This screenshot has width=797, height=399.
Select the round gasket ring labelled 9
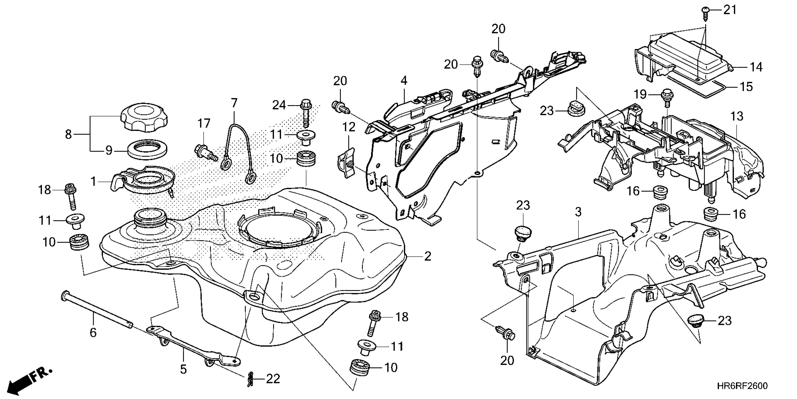(148, 150)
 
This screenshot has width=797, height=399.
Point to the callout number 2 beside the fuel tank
(427, 256)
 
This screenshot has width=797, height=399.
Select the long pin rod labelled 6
(98, 310)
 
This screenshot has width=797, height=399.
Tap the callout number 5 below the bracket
(184, 369)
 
